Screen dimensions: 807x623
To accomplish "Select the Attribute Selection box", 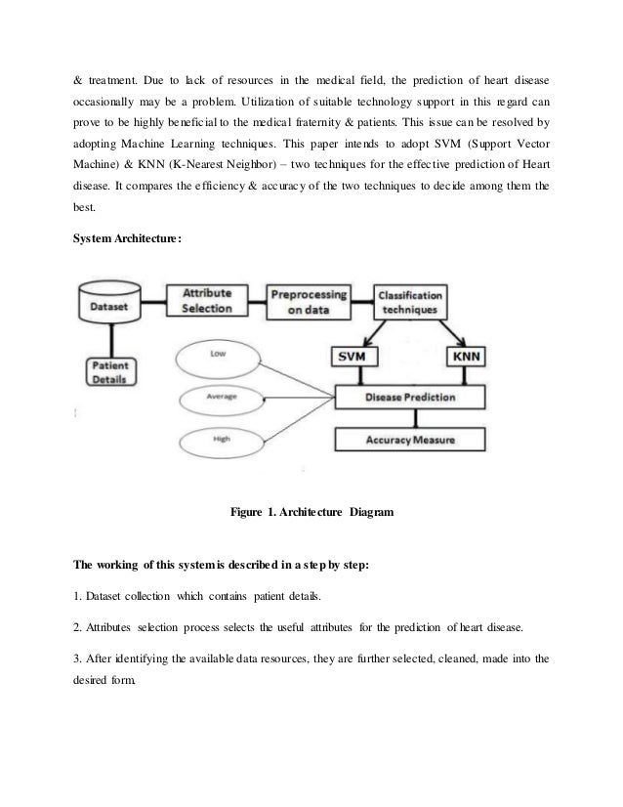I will [207, 300].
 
